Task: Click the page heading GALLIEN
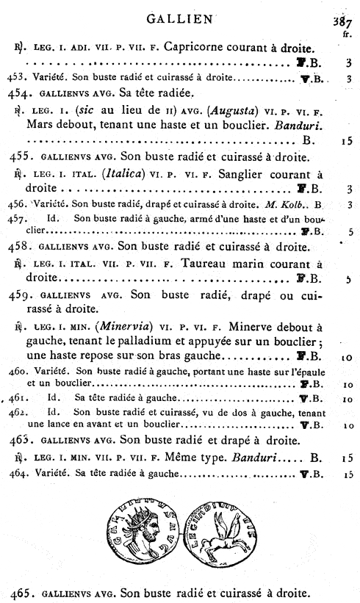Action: click(x=180, y=19)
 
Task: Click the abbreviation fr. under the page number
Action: click(x=346, y=35)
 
